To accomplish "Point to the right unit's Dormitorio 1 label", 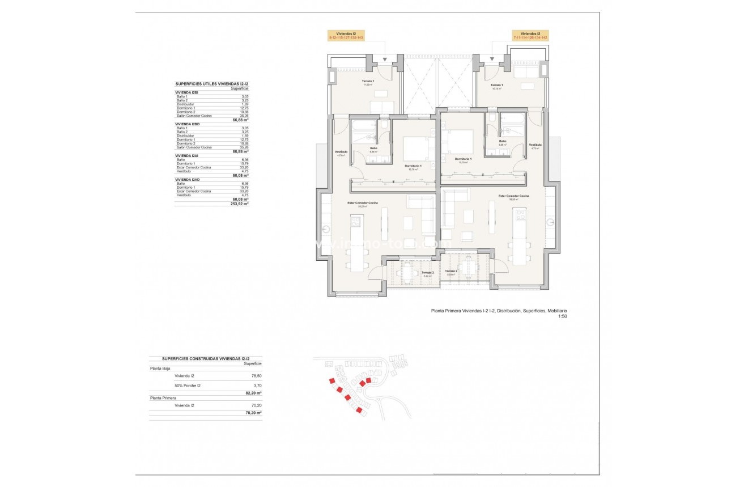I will (463, 159).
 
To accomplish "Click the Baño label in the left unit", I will (373, 149).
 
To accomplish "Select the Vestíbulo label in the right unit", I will (535, 145).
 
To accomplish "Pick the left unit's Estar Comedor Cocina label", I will (363, 203).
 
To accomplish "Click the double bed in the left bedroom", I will (418, 148).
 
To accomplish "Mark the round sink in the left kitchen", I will (327, 229).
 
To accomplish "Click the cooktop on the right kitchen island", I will (520, 216).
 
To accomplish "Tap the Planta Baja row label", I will (160, 368).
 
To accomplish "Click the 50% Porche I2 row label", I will (188, 386).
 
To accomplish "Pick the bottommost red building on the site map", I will (359, 410).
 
